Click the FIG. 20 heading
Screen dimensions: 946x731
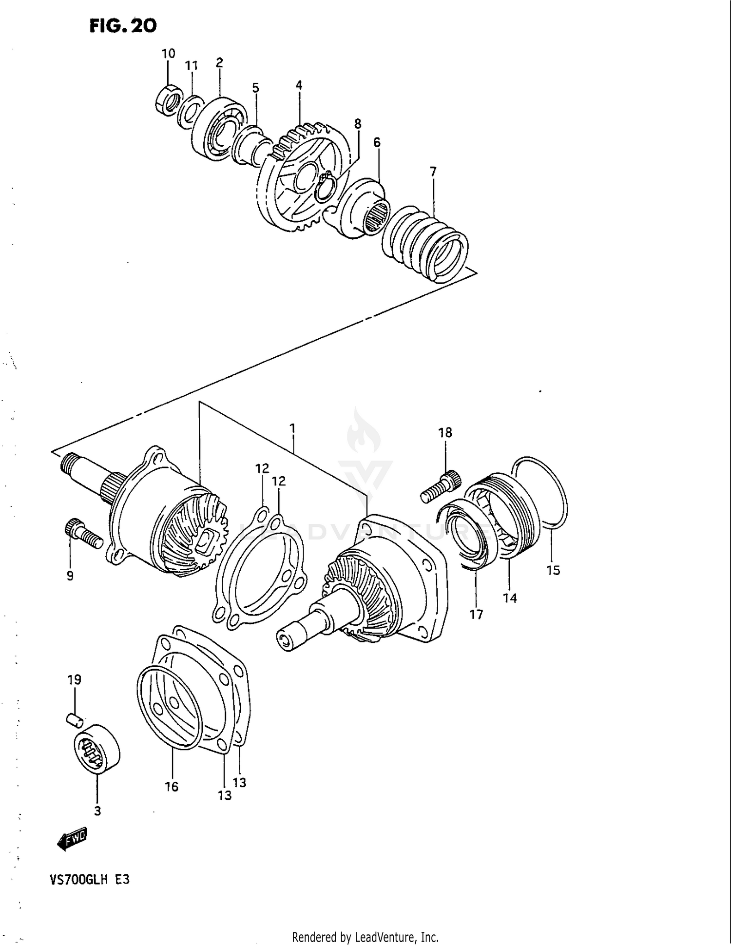(x=123, y=26)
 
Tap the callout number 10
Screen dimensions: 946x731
(x=168, y=53)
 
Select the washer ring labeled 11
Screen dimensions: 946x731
(x=191, y=112)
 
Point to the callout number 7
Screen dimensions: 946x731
(x=433, y=172)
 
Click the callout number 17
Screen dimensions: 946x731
(x=476, y=614)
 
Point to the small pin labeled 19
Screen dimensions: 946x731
(x=75, y=718)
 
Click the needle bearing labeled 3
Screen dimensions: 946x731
(x=97, y=748)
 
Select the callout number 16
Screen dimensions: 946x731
(x=172, y=786)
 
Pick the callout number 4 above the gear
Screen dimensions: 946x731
(x=299, y=85)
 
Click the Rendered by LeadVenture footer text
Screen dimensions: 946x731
(x=365, y=937)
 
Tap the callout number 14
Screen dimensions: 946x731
(x=510, y=598)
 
